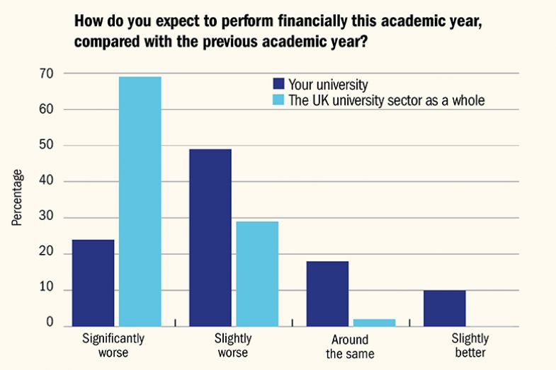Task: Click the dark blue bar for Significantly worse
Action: pos(93,283)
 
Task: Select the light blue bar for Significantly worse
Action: pos(140,202)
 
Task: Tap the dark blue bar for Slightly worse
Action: pos(210,238)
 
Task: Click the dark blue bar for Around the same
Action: pos(327,294)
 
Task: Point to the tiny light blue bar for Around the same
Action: pos(374,323)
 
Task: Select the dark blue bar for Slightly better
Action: pos(445,308)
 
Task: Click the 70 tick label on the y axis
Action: pos(48,74)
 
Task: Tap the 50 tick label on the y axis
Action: pos(48,146)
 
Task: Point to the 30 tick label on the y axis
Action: pos(48,218)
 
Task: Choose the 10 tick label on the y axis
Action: pos(48,290)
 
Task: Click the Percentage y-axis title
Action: pos(17,197)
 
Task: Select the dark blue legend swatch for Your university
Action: pos(279,84)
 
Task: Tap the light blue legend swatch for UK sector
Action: pos(279,100)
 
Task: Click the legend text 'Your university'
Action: pos(328,84)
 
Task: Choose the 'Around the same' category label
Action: pos(351,345)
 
